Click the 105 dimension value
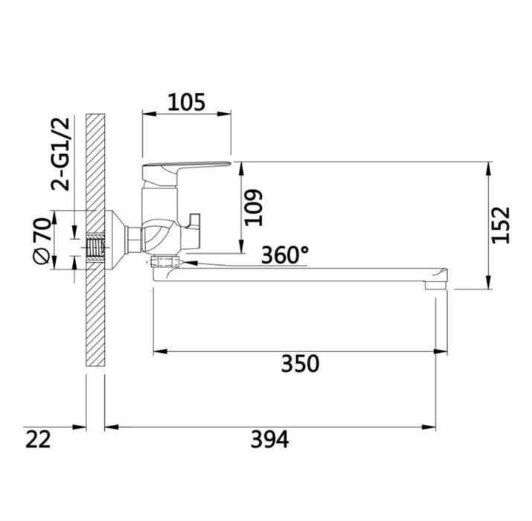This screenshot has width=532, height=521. [x=187, y=102]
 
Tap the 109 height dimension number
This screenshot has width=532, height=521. [x=254, y=208]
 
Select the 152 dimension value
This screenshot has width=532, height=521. [x=501, y=225]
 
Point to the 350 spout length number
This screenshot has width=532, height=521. [x=301, y=363]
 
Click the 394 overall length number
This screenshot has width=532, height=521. [x=270, y=439]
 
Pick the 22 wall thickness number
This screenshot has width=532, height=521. [x=38, y=439]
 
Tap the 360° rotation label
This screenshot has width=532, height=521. [x=285, y=255]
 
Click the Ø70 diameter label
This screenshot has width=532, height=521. [x=42, y=240]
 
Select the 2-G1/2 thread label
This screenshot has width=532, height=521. [x=60, y=154]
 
